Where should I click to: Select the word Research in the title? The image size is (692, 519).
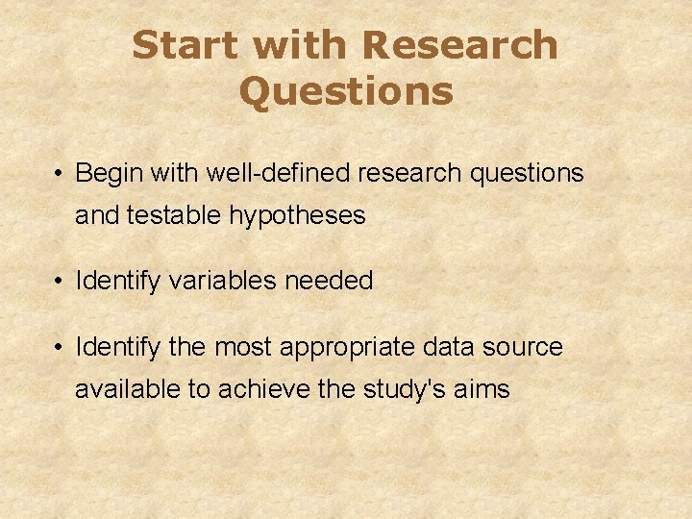click(x=461, y=45)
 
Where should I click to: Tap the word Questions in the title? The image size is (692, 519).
click(x=346, y=92)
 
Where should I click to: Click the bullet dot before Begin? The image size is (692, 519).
click(x=60, y=175)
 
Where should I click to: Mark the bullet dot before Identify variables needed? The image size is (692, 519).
click(x=60, y=282)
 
